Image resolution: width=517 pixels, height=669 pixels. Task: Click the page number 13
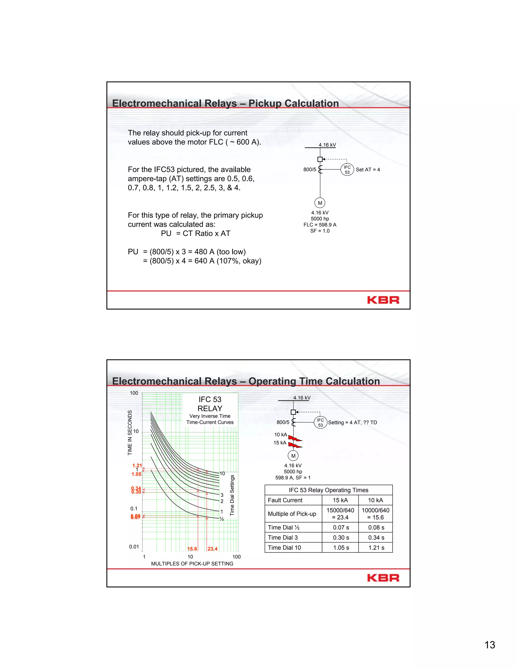[x=489, y=645]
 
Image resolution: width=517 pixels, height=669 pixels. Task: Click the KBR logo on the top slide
[x=383, y=300]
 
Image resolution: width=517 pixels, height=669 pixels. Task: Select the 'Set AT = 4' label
[x=368, y=170]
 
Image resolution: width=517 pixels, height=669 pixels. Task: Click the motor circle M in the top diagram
[x=320, y=203]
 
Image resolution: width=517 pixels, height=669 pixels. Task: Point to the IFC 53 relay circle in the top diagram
[x=347, y=169]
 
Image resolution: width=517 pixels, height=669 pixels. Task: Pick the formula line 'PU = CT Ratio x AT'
[x=195, y=234]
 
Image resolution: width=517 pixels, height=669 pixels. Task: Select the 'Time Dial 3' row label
[x=283, y=537]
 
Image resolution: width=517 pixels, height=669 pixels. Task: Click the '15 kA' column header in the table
[x=340, y=500]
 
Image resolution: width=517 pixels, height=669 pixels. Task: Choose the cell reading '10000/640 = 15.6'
[x=375, y=514]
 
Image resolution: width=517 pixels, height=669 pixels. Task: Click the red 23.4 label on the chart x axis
[x=212, y=549]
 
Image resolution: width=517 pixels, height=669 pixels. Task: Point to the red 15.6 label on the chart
[x=192, y=549]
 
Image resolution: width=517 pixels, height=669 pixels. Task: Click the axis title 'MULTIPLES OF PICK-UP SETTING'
[x=192, y=564]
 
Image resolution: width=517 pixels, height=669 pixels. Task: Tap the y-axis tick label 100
[x=134, y=393]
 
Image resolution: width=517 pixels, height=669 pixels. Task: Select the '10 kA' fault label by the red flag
[x=280, y=435]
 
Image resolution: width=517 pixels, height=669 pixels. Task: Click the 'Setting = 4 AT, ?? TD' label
[x=352, y=422]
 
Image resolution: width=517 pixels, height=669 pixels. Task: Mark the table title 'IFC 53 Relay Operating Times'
[x=328, y=490]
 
